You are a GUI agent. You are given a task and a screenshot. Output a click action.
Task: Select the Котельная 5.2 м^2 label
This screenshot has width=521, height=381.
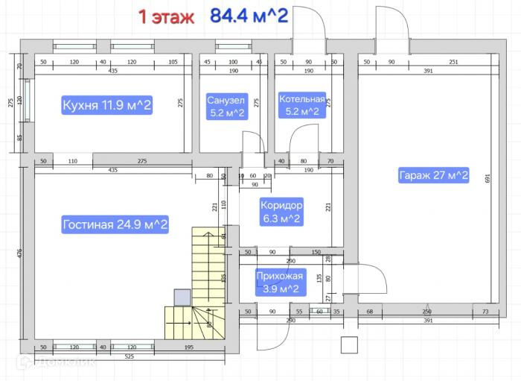pos(301,106)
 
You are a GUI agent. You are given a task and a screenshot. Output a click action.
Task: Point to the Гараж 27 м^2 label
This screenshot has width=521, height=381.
pos(433,176)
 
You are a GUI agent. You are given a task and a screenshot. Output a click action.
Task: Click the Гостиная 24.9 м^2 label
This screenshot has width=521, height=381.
pos(115,224)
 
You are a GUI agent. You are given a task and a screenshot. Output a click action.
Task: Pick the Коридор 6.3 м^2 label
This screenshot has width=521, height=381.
pos(281,211)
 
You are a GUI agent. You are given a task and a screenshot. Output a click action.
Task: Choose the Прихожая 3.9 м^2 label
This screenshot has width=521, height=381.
pos(281,283)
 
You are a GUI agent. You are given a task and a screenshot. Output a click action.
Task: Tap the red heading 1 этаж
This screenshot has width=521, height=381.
pos(166,16)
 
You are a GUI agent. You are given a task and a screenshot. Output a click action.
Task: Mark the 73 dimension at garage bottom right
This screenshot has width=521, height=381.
pos(485,312)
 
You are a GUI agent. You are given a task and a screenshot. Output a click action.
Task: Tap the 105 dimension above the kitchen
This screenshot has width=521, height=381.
pos(173,63)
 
